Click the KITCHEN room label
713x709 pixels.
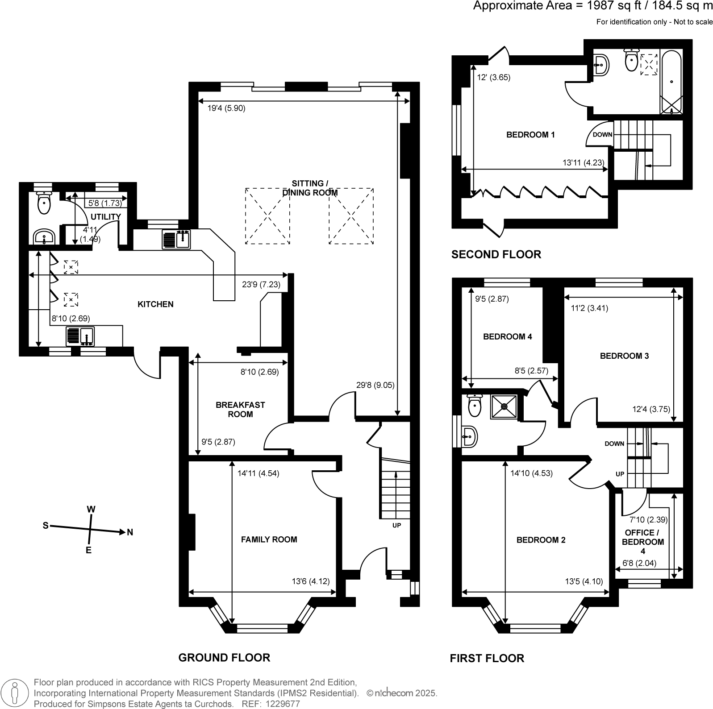tap(155, 304)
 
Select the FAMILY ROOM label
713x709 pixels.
tap(269, 539)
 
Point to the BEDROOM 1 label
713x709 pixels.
tap(530, 135)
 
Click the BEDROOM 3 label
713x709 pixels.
tap(624, 356)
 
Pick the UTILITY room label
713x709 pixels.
tap(106, 217)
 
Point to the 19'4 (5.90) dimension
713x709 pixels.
tap(226, 108)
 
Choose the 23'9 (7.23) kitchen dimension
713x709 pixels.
tap(261, 284)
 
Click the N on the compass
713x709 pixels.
tap(130, 532)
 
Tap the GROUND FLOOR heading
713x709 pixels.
tap(224, 658)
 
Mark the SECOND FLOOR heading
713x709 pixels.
tap(496, 255)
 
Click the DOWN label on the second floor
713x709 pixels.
tap(602, 135)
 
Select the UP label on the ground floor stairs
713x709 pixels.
tap(396, 525)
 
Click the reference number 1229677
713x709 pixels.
tap(284, 704)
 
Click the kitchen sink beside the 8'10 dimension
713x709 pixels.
tap(80, 336)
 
